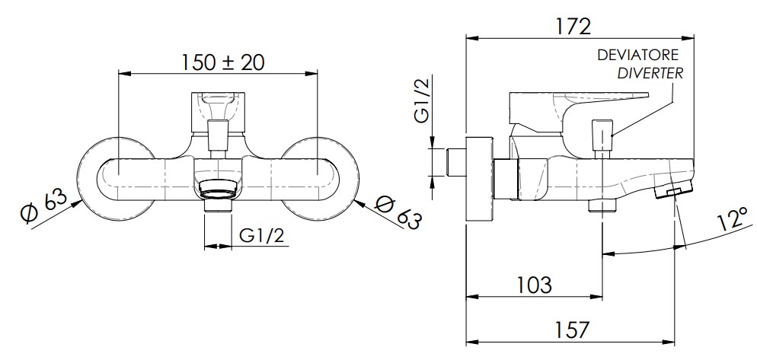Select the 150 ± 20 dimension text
[223, 62]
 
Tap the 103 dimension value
[534, 285]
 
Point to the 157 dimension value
[573, 330]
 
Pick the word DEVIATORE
[637, 55]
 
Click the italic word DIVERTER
[651, 74]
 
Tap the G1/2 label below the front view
[262, 236]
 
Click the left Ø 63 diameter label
[43, 206]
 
